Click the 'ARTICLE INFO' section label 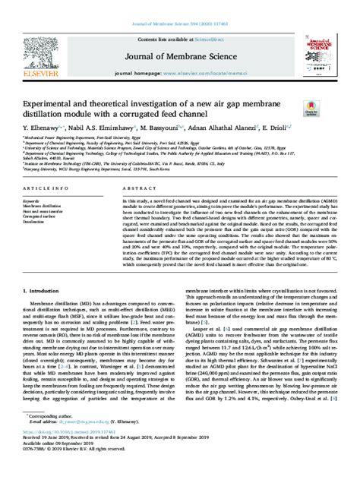[x=43, y=186]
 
